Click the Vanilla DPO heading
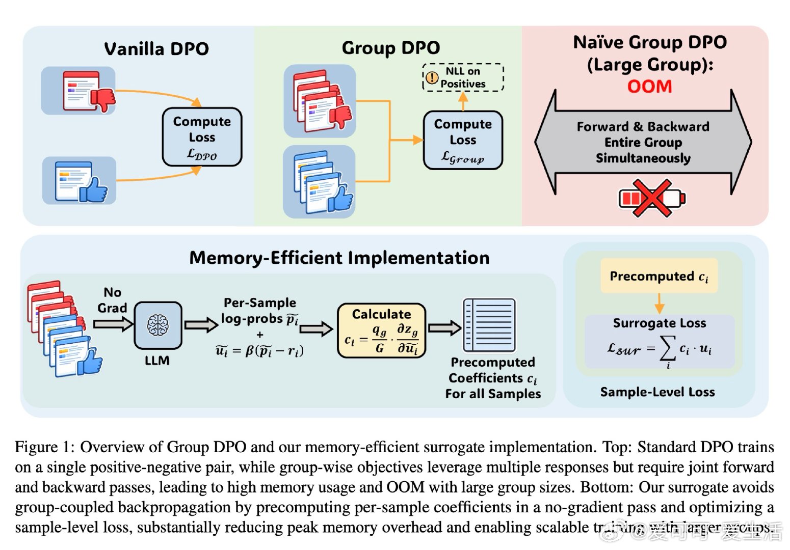156,49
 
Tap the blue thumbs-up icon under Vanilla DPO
94,189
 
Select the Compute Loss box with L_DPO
202,137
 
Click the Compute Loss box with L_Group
463,140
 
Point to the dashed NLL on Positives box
463,77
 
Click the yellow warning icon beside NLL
432,77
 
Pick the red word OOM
649,87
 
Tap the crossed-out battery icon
652,198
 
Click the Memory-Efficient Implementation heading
339,258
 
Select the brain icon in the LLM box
158,325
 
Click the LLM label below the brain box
157,361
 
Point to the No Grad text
112,300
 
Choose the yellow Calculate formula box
381,331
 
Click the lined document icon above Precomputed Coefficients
489,325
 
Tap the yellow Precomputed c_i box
659,276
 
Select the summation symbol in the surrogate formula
668,349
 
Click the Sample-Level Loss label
657,392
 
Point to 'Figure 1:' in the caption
45,447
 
